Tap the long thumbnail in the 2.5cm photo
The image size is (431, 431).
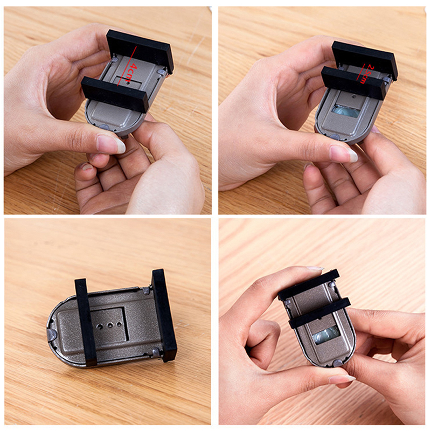(344, 154)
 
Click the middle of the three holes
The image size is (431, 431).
(110, 326)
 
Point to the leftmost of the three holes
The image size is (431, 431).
(100, 326)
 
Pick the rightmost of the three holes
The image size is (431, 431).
(119, 324)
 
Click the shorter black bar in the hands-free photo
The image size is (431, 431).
(86, 322)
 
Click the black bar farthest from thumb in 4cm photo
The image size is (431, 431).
(140, 51)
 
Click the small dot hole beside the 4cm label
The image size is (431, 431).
(129, 82)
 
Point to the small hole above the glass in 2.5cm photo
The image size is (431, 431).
(354, 96)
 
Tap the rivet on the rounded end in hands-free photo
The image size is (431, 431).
(52, 333)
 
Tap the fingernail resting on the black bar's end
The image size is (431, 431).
(315, 268)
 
